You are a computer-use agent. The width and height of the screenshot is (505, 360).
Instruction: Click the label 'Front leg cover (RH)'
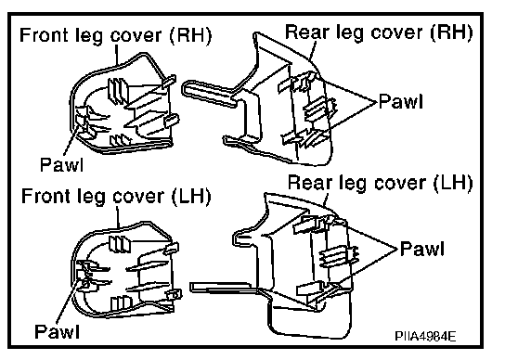116,35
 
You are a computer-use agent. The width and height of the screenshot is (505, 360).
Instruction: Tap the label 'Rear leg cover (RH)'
379,32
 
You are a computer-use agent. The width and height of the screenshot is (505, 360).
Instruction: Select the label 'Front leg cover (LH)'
116,196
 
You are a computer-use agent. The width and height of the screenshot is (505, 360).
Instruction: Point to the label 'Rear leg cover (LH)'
381,183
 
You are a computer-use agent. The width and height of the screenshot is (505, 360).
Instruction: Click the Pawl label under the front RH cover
62,164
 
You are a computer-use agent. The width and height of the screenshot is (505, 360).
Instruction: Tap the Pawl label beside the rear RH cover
401,101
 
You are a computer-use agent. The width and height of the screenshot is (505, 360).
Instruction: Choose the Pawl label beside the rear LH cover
422,249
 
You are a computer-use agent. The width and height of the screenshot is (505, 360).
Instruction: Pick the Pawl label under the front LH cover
57,330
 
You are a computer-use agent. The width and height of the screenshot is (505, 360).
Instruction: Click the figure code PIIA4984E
425,337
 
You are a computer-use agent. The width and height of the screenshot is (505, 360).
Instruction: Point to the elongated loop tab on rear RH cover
210,93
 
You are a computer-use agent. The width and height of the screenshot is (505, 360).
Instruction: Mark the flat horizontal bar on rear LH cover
222,288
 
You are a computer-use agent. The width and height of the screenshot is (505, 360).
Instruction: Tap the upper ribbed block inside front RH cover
118,89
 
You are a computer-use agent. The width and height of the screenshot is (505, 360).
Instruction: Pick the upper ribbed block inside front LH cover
120,245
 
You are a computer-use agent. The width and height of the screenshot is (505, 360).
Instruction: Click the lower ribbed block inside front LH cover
121,304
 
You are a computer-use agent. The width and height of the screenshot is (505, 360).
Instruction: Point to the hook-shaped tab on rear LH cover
246,238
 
